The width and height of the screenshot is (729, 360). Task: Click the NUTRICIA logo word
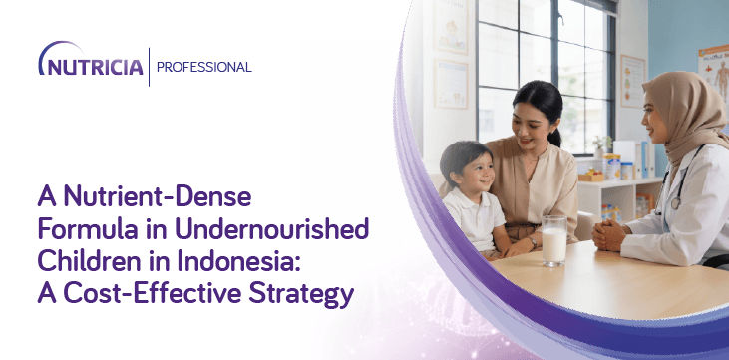pos(91,67)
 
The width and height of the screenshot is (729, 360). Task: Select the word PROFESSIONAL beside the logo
pos(204,67)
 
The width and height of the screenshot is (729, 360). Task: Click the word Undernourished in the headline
pos(271,228)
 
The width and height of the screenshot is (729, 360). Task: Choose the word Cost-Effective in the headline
pos(153,293)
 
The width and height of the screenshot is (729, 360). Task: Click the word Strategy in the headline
pos(301,296)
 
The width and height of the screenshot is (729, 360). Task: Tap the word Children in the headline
pos(90,261)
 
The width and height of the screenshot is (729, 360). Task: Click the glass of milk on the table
pos(554,240)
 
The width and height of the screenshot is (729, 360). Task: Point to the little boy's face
pos(475,174)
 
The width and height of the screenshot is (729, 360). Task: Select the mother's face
pos(530,125)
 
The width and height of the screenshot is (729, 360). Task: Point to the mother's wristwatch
pos(533,242)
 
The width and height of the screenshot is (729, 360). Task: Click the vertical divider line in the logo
pos(150,67)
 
